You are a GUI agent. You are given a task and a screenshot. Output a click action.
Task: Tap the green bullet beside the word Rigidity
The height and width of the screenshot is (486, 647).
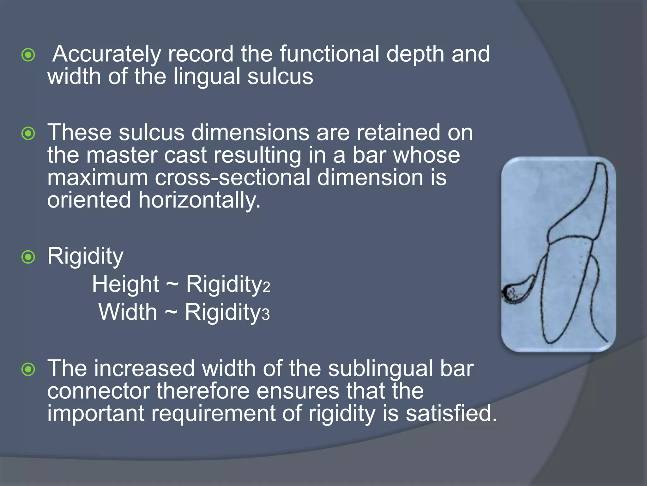point(28,257)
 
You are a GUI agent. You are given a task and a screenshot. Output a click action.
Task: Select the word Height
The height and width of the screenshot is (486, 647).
point(125,284)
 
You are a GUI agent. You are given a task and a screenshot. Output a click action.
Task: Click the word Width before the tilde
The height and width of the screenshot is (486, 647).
point(128,312)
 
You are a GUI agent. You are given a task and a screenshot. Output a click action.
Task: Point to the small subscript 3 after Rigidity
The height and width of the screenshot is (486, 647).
point(266,315)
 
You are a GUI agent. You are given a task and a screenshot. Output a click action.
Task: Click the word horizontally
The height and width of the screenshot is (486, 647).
point(199,200)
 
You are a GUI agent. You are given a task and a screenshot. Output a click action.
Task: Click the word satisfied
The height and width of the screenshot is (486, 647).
point(451,414)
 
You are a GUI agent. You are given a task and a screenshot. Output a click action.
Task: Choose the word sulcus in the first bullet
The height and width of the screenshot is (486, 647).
point(280,77)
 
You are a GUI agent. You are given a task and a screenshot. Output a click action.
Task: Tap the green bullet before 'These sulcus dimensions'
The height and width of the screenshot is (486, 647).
point(28,134)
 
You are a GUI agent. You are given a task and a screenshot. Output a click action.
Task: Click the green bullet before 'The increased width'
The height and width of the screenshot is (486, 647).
point(28,369)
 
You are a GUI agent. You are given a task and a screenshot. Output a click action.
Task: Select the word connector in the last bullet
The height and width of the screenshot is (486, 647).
point(99,391)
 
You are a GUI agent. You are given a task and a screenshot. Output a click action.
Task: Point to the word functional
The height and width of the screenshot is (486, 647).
point(329,54)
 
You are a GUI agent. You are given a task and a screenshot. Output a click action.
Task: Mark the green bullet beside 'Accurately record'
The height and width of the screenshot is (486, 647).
point(28,55)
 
